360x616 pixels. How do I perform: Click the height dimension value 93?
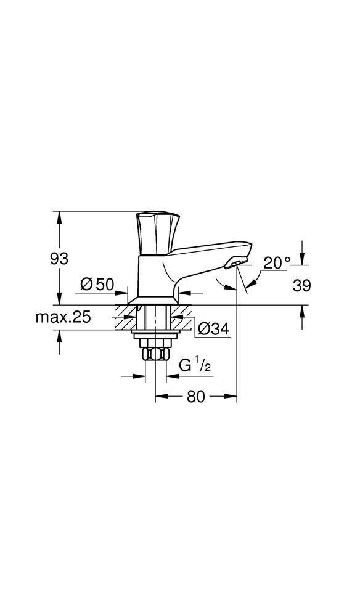pos(59,259)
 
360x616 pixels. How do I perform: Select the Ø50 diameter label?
pos(97,284)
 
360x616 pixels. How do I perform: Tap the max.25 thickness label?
pos(63,317)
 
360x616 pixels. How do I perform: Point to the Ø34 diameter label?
pos(213,330)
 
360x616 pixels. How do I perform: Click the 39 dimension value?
pos(301,285)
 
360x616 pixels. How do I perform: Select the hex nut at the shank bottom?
pos(155,354)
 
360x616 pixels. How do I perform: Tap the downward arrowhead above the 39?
pos(301,260)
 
